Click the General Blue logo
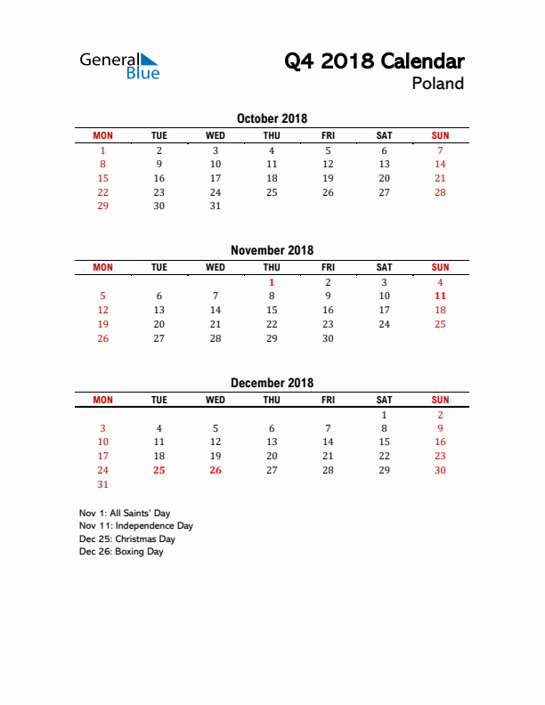pyautogui.click(x=119, y=66)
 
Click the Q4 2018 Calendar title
pyautogui.click(x=374, y=61)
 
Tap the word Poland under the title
pyautogui.click(x=437, y=84)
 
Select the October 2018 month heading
pyautogui.click(x=272, y=118)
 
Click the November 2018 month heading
pyautogui.click(x=272, y=250)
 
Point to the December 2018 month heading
pyautogui.click(x=272, y=383)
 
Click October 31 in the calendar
pyautogui.click(x=216, y=206)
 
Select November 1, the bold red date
pyautogui.click(x=272, y=282)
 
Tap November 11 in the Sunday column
pyautogui.click(x=440, y=296)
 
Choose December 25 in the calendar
pyautogui.click(x=159, y=470)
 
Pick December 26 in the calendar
pyautogui.click(x=216, y=470)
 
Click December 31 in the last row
pyautogui.click(x=103, y=484)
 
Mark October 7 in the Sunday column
pyautogui.click(x=440, y=150)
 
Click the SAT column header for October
pyautogui.click(x=384, y=135)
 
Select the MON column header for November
pyautogui.click(x=103, y=267)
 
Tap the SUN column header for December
pyautogui.click(x=440, y=400)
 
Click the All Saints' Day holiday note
pyautogui.click(x=125, y=514)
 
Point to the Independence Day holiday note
pyautogui.click(x=136, y=526)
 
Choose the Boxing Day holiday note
pyautogui.click(x=121, y=552)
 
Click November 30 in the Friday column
pyautogui.click(x=328, y=338)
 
